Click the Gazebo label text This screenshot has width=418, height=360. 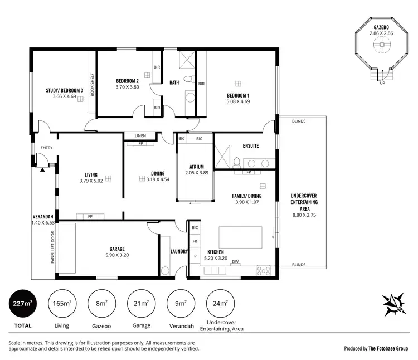click(381, 27)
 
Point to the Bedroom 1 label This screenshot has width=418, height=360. click(237, 95)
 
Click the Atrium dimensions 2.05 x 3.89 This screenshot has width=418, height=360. click(196, 173)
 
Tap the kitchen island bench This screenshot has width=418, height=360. click(240, 236)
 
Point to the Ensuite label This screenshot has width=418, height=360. click(250, 146)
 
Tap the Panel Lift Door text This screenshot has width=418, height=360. click(52, 247)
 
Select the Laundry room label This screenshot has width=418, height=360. click(179, 251)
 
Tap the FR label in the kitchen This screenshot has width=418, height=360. click(195, 241)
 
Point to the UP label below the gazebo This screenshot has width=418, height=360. click(382, 83)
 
